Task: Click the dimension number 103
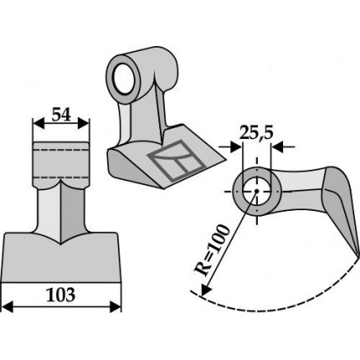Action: pos(61,295)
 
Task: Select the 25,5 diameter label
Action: pos(256,133)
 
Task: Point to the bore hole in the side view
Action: pos(257,191)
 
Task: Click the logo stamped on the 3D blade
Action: pos(177,160)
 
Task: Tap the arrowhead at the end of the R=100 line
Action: pos(206,289)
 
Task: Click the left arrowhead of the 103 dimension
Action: pos(8,306)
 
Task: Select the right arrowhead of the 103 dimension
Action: pos(116,306)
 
